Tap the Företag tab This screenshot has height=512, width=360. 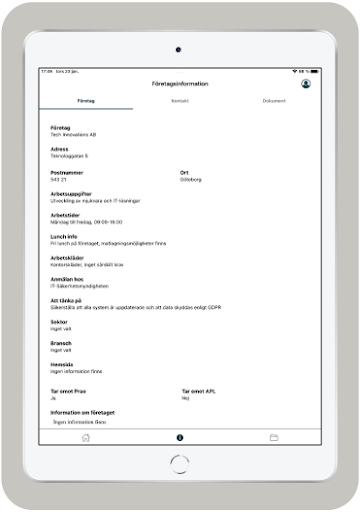coord(86,101)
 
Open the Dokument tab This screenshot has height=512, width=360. coord(273,101)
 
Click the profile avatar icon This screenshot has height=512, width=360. coord(305,84)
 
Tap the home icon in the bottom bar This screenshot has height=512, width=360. coord(86,438)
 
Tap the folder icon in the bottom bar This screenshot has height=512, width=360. coord(273,438)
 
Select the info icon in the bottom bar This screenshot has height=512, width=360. coord(180,438)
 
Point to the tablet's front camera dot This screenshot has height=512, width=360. coord(179,47)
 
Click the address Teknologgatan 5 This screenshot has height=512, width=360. coord(66,157)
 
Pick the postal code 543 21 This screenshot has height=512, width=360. coord(58,179)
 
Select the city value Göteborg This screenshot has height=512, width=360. coord(191,179)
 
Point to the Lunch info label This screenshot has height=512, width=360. coord(64,237)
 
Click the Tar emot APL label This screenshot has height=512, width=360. coord(199,391)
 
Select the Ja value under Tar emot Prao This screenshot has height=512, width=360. coord(53,397)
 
